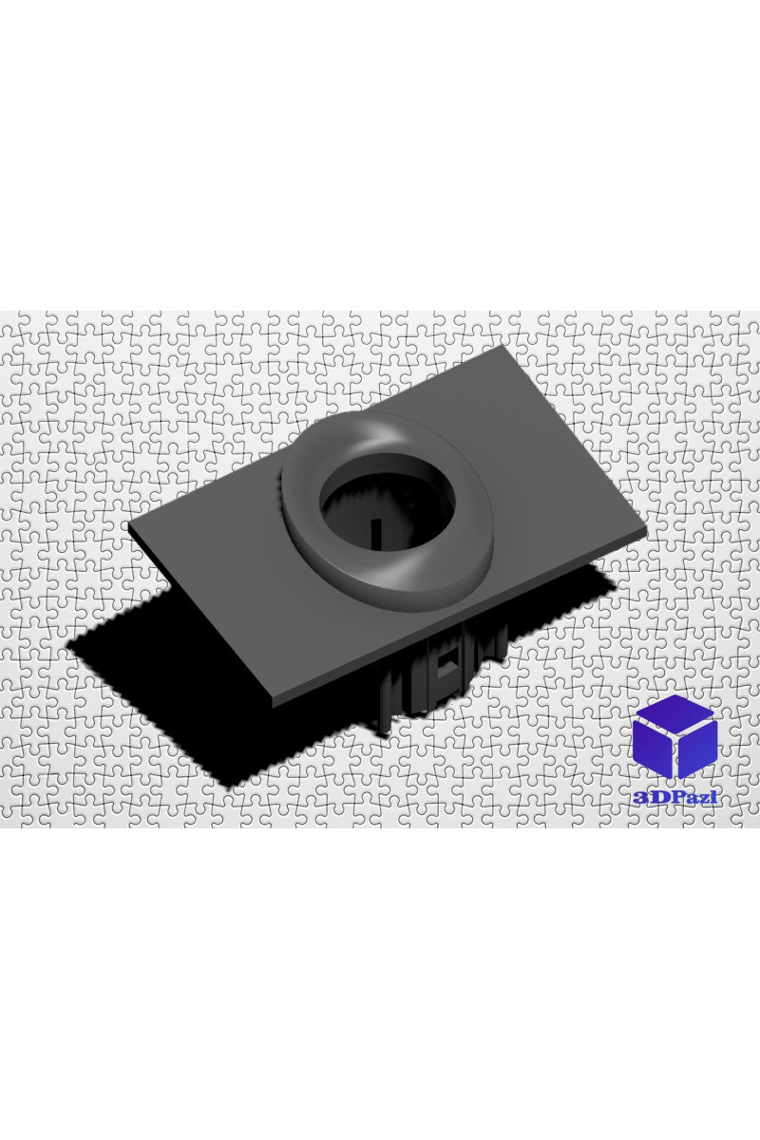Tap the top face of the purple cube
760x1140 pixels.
674,715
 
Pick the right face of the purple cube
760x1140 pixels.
697,757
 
